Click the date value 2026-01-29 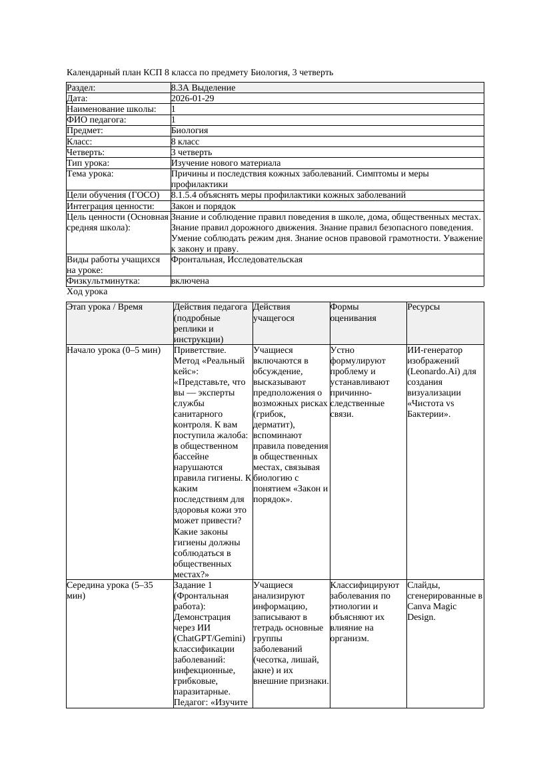(193, 99)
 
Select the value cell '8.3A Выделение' (203, 88)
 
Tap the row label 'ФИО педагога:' (97, 120)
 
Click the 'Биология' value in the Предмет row (190, 130)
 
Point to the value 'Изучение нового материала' (226, 163)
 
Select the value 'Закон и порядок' (203, 206)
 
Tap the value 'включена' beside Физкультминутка (190, 281)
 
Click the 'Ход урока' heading (87, 292)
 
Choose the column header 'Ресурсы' (424, 307)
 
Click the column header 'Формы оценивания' (353, 312)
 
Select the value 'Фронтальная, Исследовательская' (237, 260)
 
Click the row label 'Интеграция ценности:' (110, 206)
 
